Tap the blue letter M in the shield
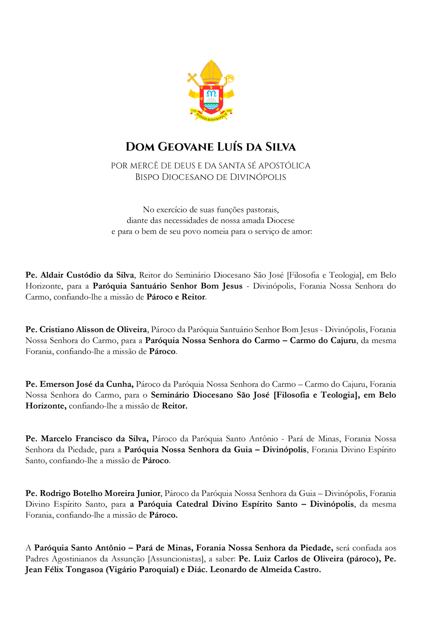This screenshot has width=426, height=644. (212, 94)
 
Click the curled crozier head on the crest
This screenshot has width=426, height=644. (230, 78)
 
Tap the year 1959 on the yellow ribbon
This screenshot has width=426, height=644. (229, 111)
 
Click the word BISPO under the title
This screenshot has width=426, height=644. (147, 177)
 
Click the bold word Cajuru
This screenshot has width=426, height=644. (343, 341)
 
